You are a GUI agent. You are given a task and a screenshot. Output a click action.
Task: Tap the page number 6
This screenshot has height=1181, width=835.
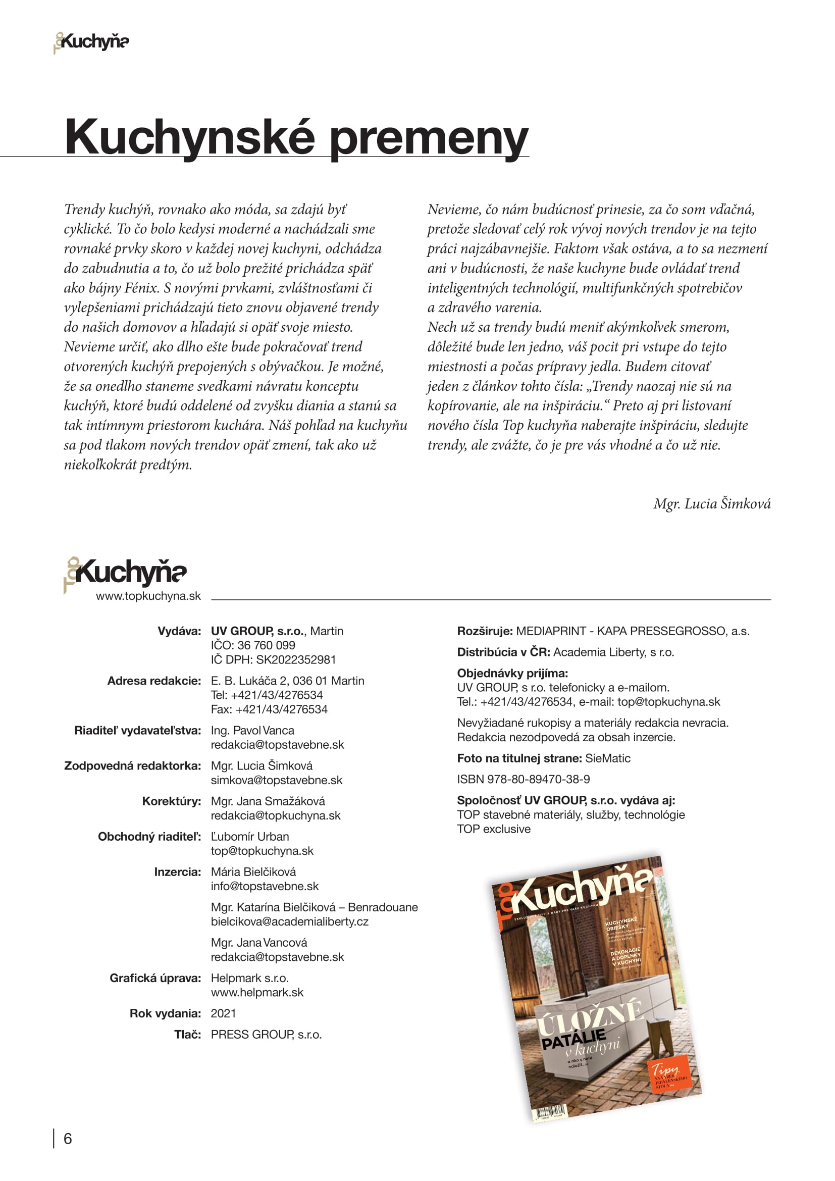coord(67,1138)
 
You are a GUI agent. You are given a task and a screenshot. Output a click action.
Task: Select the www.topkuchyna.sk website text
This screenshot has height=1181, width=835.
coord(148,596)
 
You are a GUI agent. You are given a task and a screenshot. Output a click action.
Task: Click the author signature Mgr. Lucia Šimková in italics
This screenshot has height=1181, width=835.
coord(712,503)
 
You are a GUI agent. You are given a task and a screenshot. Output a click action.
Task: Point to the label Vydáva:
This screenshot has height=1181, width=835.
coord(179,631)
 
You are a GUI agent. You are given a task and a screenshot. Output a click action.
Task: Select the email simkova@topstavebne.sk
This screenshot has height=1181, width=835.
coord(276,780)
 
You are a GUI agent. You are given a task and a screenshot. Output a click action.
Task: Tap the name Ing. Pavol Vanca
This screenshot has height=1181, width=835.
coord(252,731)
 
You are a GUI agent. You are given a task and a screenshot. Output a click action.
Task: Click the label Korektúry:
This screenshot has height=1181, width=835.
coord(172,801)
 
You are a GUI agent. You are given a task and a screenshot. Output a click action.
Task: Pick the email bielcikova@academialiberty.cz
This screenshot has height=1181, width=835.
coord(289,921)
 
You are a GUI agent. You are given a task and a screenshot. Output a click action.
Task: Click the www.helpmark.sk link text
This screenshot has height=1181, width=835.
coord(257,992)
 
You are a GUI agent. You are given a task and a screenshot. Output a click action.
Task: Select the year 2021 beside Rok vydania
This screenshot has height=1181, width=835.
coord(223,1013)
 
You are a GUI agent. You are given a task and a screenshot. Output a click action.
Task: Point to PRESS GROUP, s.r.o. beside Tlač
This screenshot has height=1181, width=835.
coord(266,1035)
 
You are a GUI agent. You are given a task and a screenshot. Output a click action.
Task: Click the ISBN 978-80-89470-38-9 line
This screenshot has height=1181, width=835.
coord(523,779)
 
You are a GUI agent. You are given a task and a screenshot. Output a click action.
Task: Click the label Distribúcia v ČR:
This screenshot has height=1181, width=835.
coord(503,652)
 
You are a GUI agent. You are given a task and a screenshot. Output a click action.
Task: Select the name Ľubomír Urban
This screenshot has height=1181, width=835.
coord(250,836)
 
